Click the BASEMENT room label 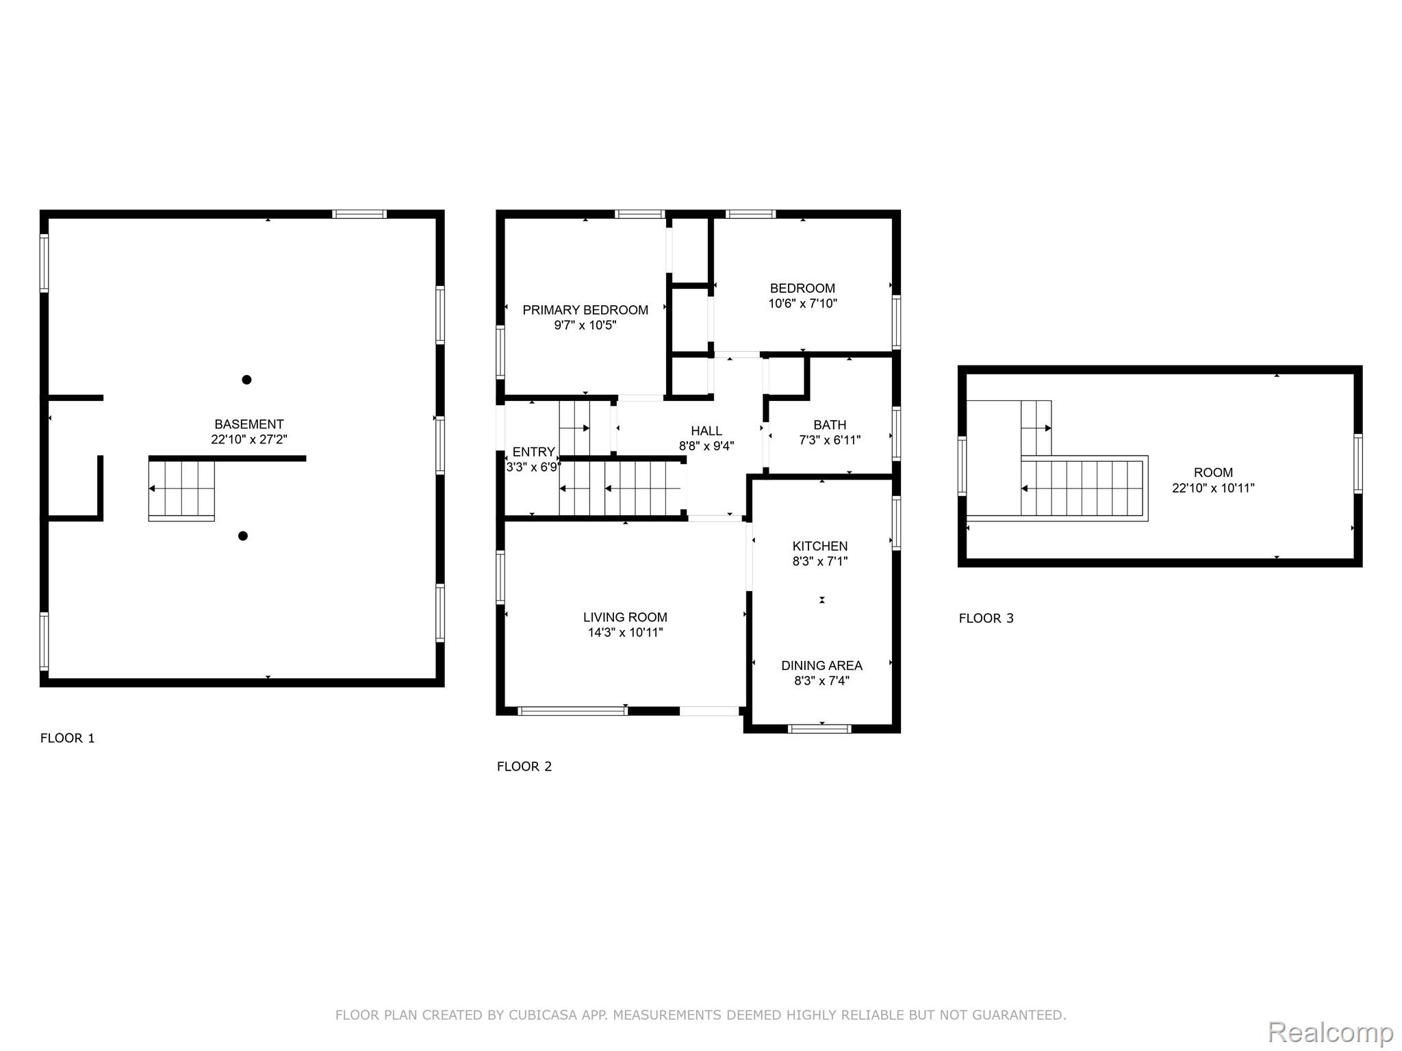coord(248,424)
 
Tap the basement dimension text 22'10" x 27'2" coord(248,439)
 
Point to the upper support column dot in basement coord(246,380)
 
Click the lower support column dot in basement coord(242,536)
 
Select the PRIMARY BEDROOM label coord(585,310)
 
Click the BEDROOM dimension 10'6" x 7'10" coord(802,303)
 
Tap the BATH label coord(830,425)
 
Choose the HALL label coord(706,431)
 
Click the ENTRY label coord(533,452)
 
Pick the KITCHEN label coord(820,546)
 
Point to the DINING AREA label coord(821,666)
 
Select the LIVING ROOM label coord(625,617)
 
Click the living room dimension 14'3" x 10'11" coord(625,632)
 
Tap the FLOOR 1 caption coord(68,738)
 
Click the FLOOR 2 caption coord(524,766)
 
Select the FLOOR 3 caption coord(986,619)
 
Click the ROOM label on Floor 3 coord(1213,473)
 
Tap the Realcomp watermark coord(1330,1033)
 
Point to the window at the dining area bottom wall coord(820,729)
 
